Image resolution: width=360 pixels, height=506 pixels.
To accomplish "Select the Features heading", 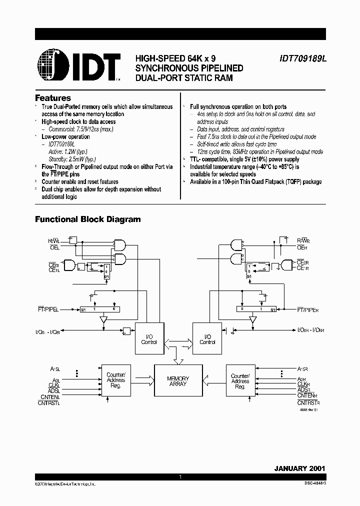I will [53, 98].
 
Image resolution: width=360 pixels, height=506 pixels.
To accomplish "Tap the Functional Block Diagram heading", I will [87, 219].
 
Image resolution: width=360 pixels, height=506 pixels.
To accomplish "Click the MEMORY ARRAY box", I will [178, 381].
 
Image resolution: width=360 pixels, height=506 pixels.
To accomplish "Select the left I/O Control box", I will [149, 339].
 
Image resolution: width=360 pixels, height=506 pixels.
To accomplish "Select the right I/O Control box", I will [207, 339].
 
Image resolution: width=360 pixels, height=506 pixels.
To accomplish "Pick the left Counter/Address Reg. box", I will [116, 381].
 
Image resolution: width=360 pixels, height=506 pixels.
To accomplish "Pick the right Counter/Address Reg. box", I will [240, 381].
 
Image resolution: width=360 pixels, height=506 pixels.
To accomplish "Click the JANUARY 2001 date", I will [299, 468].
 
